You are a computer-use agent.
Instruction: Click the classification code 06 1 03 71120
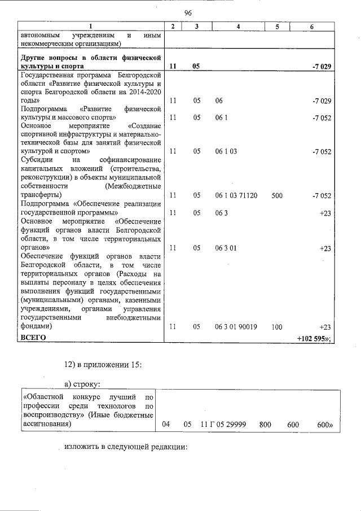click(236, 195)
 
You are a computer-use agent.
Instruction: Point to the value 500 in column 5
click(276, 195)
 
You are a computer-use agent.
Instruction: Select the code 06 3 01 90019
click(236, 327)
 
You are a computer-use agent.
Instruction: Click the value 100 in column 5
click(276, 327)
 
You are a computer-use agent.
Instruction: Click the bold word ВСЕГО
click(33, 338)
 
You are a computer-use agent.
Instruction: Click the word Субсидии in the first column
click(36, 160)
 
